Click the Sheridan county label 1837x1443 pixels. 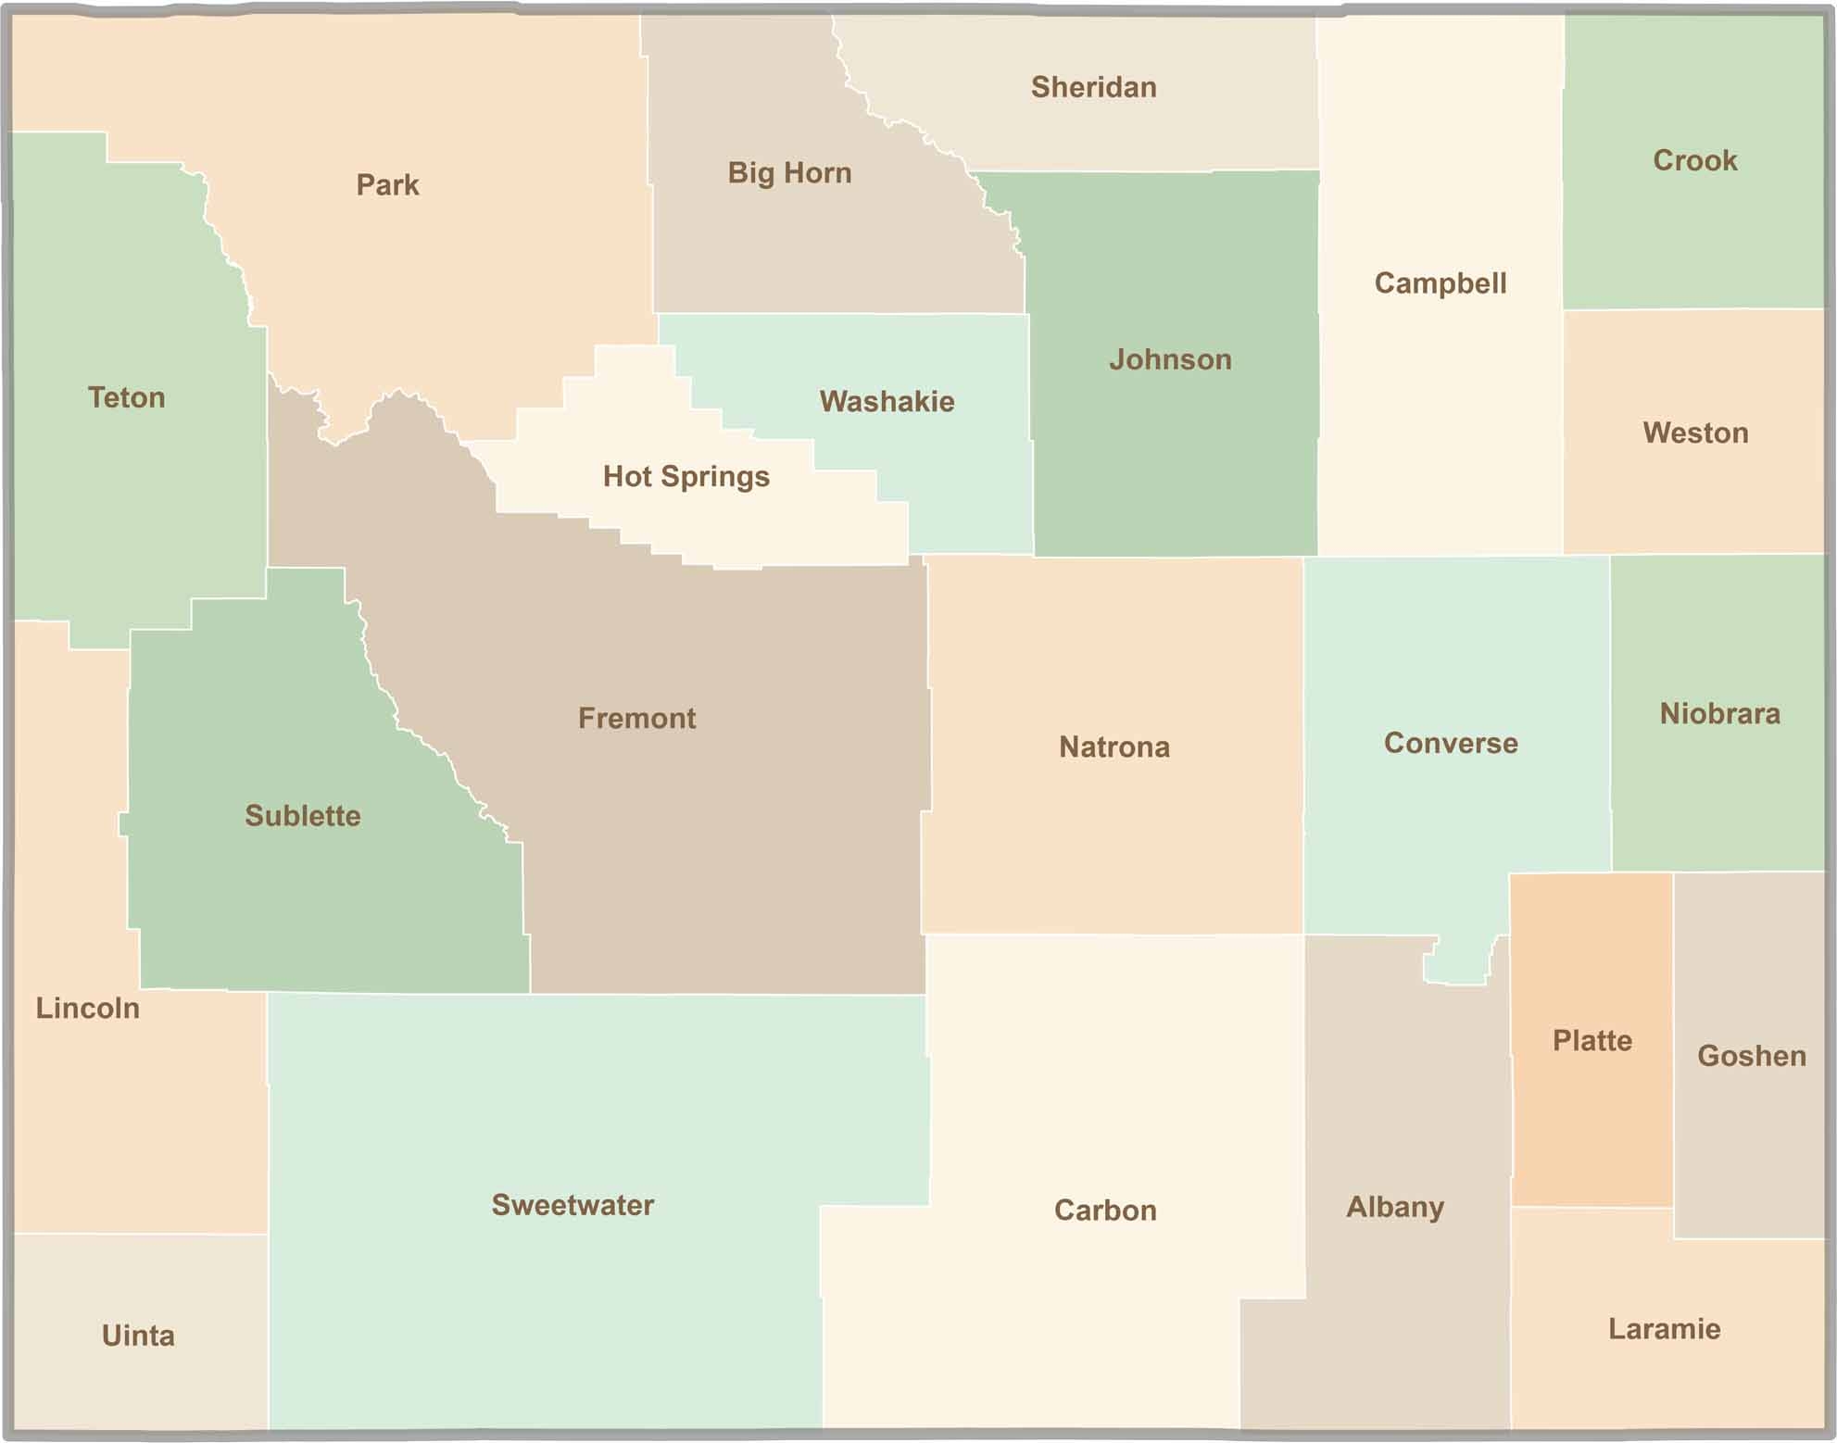coord(1093,87)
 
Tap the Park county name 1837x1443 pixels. coord(387,185)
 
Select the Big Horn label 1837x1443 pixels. coord(789,173)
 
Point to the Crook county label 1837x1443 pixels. coord(1694,160)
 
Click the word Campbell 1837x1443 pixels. coord(1440,282)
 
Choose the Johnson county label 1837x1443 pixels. coord(1170,359)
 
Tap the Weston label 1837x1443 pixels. coord(1695,433)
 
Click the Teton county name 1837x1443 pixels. coord(126,397)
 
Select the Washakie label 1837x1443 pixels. coord(887,401)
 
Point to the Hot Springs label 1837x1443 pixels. coord(686,476)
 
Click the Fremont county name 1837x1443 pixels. coord(636,718)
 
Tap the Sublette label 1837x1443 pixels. coord(302,815)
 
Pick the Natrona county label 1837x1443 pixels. coord(1114,747)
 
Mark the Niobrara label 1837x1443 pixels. coord(1719,713)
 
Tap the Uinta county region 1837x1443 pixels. coord(139,1335)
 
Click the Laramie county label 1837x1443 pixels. coord(1664,1329)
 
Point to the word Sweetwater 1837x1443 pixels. coord(572,1205)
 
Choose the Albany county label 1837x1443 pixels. coord(1394,1207)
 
